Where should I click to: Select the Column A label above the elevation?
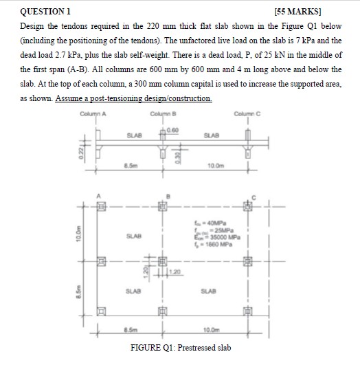(x=93, y=114)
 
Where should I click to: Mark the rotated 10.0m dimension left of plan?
(x=80, y=236)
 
